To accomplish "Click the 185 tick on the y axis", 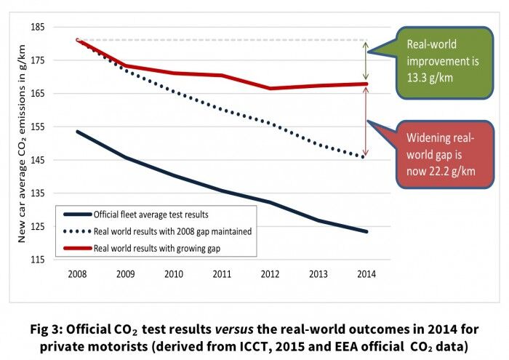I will (x=36, y=27).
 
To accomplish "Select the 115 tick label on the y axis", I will (x=36, y=260).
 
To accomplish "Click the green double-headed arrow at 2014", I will (x=366, y=60).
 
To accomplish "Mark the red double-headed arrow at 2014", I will (x=366, y=121).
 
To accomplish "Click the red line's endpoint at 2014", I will (x=366, y=84).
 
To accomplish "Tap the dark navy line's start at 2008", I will (x=77, y=132).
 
